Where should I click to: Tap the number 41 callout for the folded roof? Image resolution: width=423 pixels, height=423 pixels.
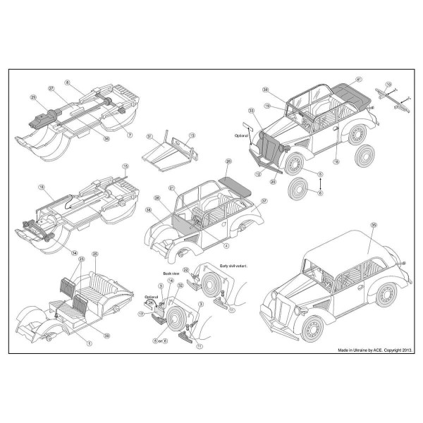click(359, 78)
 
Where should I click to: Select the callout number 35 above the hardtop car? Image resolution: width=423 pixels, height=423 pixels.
click(373, 224)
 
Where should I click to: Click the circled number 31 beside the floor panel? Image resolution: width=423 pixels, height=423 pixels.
click(149, 136)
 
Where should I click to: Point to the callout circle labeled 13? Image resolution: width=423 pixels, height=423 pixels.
click(192, 135)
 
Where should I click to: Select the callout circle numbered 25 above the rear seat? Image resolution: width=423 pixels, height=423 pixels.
click(95, 253)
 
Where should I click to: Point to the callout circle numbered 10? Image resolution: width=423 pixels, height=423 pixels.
click(388, 84)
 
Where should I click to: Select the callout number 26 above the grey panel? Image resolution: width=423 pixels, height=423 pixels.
click(228, 161)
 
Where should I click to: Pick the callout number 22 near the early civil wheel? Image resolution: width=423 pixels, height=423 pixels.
click(186, 270)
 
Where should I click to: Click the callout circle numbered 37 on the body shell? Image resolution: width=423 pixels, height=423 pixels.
click(263, 201)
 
